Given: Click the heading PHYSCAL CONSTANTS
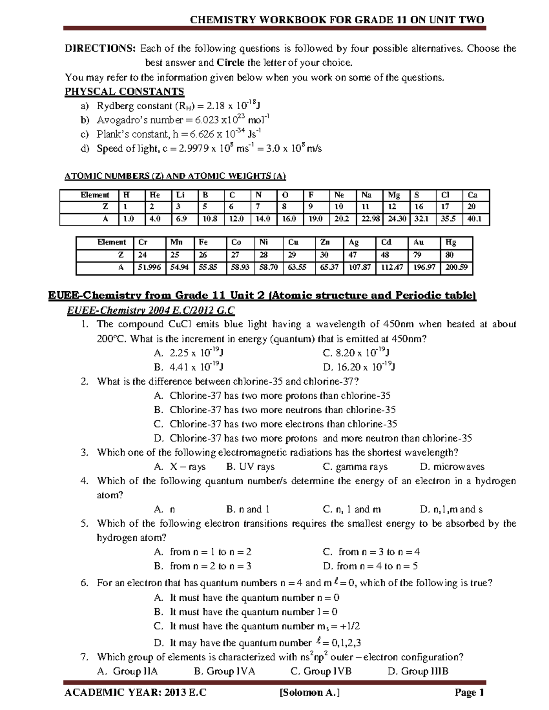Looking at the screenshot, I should click(124, 91).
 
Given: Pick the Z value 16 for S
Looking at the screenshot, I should click(419, 207).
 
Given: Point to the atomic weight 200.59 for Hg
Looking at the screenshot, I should click(456, 267).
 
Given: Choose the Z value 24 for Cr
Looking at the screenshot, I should click(143, 255).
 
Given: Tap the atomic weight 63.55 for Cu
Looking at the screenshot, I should click(297, 267).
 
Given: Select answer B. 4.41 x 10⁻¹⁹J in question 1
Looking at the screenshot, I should click(188, 367).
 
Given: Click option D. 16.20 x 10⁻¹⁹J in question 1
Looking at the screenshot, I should click(360, 367).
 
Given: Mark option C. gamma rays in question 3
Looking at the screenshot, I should click(355, 467).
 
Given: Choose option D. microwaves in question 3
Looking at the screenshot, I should click(452, 467).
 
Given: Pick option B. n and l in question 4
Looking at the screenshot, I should click(248, 509).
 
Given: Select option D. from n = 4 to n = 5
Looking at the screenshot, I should click(370, 566).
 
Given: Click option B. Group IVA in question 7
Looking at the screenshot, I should click(224, 671).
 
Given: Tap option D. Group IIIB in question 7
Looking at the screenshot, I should click(418, 671).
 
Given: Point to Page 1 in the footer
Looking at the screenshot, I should click(469, 693).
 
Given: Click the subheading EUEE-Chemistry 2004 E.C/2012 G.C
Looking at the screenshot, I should click(151, 311).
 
